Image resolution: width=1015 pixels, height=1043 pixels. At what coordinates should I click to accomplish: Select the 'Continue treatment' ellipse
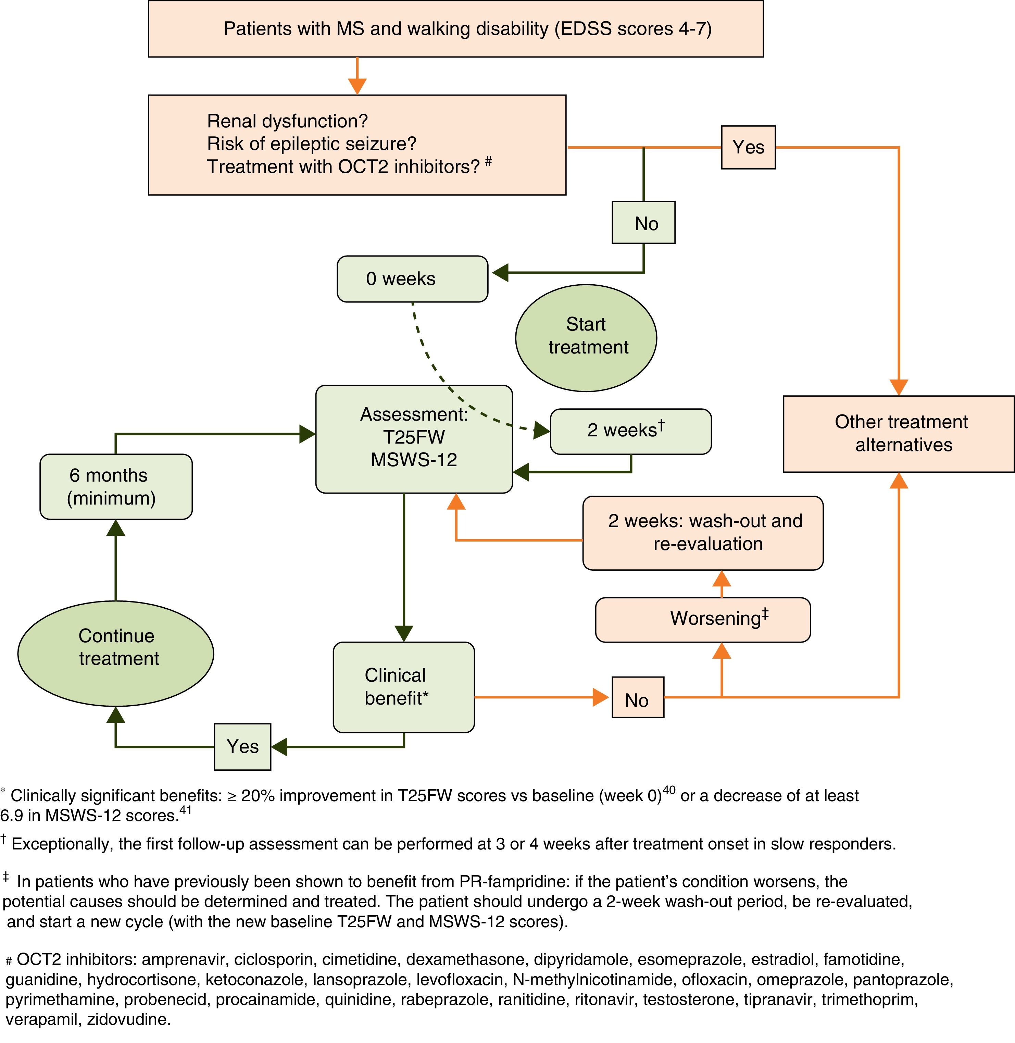(116, 653)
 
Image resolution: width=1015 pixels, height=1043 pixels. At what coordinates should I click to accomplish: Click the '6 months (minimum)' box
(116, 486)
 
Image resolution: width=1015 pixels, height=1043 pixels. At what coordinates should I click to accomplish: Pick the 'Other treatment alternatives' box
(899, 434)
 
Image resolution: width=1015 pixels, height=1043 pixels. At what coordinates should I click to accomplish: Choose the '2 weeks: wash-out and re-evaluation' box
(703, 533)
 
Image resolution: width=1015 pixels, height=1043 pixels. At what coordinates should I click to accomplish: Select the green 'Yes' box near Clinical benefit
(242, 746)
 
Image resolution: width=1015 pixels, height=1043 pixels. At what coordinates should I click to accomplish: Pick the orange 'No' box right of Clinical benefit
(638, 697)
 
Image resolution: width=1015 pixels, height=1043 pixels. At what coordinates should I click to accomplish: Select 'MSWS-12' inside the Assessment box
(414, 460)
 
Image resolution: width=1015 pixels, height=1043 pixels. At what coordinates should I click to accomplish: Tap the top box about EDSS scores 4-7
(456, 29)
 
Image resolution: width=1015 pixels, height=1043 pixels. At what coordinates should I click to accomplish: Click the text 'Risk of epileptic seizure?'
(311, 144)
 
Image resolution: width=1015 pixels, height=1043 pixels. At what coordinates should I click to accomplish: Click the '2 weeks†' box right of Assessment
(631, 431)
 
